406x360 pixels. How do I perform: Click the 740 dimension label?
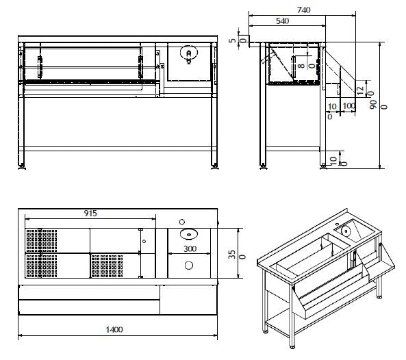(x=304, y=10)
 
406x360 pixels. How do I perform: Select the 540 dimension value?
(x=281, y=21)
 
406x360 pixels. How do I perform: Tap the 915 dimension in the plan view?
(x=90, y=213)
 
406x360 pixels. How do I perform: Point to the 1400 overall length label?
(x=114, y=329)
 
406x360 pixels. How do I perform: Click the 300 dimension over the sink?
(x=190, y=250)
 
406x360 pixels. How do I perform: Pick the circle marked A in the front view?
(x=186, y=53)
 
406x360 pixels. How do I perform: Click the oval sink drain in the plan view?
(x=186, y=234)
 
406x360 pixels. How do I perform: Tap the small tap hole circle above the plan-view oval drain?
(x=182, y=221)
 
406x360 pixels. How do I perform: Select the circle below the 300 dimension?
(x=189, y=266)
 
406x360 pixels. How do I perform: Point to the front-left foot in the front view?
(x=24, y=166)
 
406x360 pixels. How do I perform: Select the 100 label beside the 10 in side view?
(x=348, y=106)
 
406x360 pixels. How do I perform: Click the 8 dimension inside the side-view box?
(x=301, y=66)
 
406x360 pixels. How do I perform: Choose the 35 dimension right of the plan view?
(x=231, y=254)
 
